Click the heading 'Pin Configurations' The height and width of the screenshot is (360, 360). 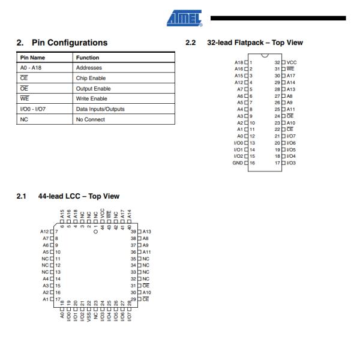click(x=69, y=43)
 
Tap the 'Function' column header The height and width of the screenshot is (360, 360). click(x=88, y=58)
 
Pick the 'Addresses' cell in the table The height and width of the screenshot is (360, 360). click(x=89, y=68)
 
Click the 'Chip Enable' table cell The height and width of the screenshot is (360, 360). click(x=90, y=78)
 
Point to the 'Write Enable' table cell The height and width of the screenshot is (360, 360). click(x=91, y=98)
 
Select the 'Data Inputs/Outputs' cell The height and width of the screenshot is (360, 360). click(x=100, y=109)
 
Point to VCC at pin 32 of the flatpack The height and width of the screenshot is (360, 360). click(x=292, y=62)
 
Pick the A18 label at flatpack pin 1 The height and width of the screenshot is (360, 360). click(x=238, y=62)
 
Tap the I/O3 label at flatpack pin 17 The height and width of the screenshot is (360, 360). click(x=292, y=162)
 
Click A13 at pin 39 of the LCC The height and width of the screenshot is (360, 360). click(x=147, y=232)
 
